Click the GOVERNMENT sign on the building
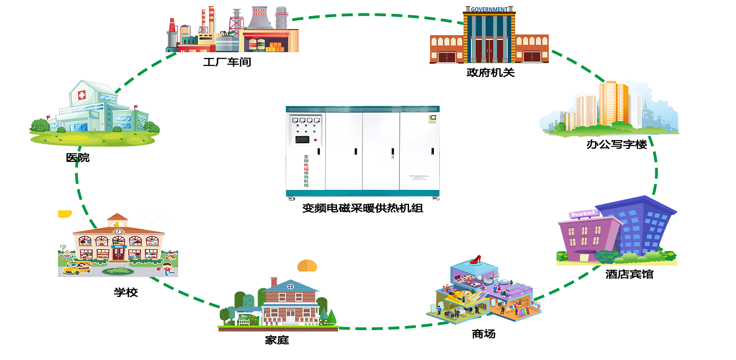(x=489, y=9)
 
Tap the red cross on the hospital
(x=82, y=95)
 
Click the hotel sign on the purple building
(x=583, y=214)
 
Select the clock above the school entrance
(x=118, y=232)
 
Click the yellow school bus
(x=77, y=268)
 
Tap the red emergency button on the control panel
(x=315, y=140)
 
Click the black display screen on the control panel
(x=302, y=140)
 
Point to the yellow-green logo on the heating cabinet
(x=432, y=118)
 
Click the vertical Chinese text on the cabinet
(x=306, y=171)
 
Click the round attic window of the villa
(x=290, y=287)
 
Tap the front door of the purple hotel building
(x=584, y=258)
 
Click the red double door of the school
(x=118, y=254)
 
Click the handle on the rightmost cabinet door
(x=432, y=151)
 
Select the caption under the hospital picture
(x=78, y=158)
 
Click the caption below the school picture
(x=126, y=292)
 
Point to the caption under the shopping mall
(x=484, y=335)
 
